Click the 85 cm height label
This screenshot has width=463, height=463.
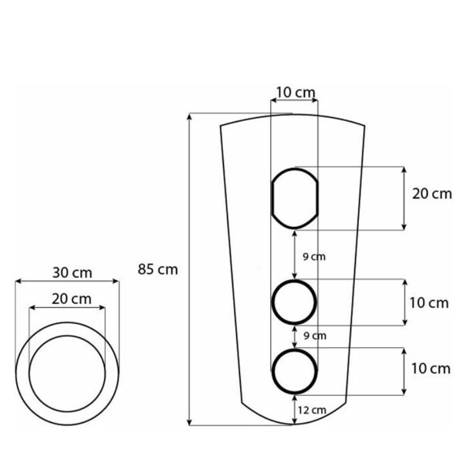tap(157, 269)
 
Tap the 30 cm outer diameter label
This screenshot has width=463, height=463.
tap(73, 272)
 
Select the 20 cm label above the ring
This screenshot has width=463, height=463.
tap(72, 299)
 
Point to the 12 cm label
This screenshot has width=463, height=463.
tap(312, 411)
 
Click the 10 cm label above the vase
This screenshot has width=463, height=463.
tap(296, 93)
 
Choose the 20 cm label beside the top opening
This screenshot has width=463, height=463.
tap(432, 194)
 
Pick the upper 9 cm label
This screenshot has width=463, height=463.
tap(314, 257)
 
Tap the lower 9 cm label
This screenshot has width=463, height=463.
tap(315, 336)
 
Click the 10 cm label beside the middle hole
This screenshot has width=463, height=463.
tap(429, 303)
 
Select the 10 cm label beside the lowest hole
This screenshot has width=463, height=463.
tap(431, 369)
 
